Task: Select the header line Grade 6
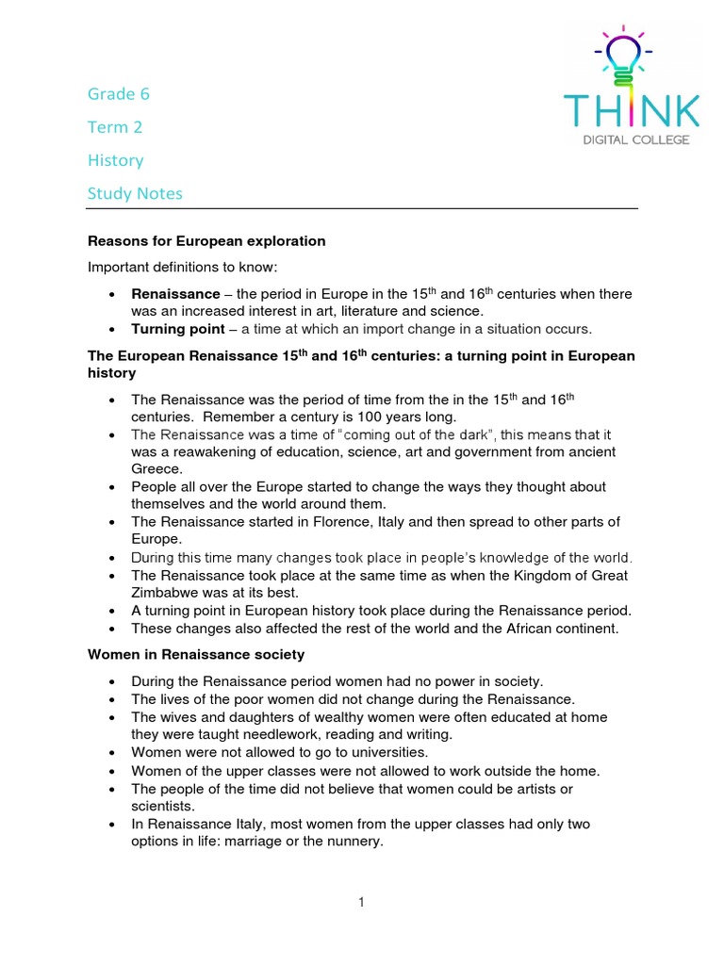pyautogui.click(x=119, y=94)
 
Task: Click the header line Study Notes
pyautogui.click(x=135, y=193)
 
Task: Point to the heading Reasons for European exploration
pyautogui.click(x=206, y=241)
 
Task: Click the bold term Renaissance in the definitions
pyautogui.click(x=175, y=294)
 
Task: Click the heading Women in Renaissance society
pyautogui.click(x=196, y=653)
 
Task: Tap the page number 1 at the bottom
pyautogui.click(x=361, y=902)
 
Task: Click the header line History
pyautogui.click(x=116, y=160)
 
